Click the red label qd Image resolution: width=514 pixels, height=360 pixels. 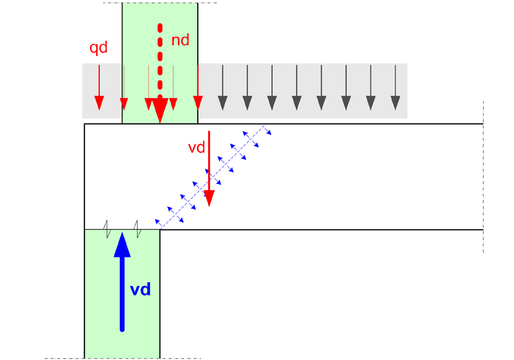pyautogui.click(x=98, y=48)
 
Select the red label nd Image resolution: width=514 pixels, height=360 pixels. pyautogui.click(x=180, y=40)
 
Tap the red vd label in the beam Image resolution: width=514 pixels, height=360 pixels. pyautogui.click(x=196, y=148)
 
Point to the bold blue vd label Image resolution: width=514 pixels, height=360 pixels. pyautogui.click(x=140, y=290)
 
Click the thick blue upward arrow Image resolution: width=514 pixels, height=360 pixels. pyautogui.click(x=122, y=282)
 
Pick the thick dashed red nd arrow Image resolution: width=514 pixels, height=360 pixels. pyautogui.click(x=160, y=73)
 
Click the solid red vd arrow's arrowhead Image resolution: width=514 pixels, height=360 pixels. pyautogui.click(x=209, y=198)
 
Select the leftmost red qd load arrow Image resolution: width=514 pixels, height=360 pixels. pyautogui.click(x=99, y=87)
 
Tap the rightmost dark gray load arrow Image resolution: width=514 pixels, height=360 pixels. pyautogui.click(x=395, y=87)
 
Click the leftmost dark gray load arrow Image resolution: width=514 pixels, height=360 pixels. pyautogui.click(x=223, y=87)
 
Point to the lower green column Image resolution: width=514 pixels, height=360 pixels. pyautogui.click(x=122, y=294)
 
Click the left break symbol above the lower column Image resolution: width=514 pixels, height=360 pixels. pyautogui.click(x=107, y=229)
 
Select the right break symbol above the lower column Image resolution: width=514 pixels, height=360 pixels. pyautogui.click(x=138, y=229)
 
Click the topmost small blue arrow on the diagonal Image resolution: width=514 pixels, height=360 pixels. pyautogui.click(x=268, y=131)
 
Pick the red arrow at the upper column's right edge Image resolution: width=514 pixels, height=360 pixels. pyautogui.click(x=198, y=87)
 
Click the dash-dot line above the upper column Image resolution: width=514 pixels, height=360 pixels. pyautogui.click(x=160, y=3)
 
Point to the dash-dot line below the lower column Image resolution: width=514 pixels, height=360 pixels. pyautogui.click(x=123, y=358)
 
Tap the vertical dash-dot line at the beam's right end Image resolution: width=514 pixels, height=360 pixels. pyautogui.click(x=483, y=177)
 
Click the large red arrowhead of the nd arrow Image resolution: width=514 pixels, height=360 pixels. pyautogui.click(x=160, y=111)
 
